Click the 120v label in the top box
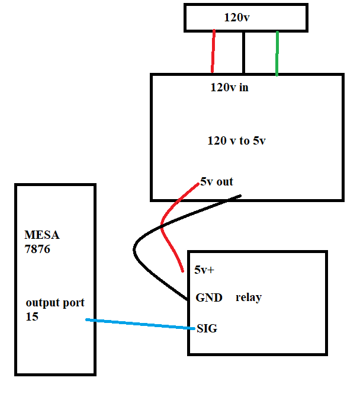tap(236, 18)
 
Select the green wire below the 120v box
tap(277, 53)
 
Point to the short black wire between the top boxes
tap(243, 52)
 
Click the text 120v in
tap(229, 88)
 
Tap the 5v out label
tap(217, 182)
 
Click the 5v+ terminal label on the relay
tap(204, 270)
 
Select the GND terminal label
tap(208, 297)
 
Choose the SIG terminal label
tap(207, 328)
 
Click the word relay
tap(248, 297)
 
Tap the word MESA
tap(42, 235)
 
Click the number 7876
tap(37, 249)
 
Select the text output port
tap(55, 303)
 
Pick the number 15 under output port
tap(32, 317)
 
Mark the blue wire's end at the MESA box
tap(87, 320)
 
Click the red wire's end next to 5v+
tap(181, 271)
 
